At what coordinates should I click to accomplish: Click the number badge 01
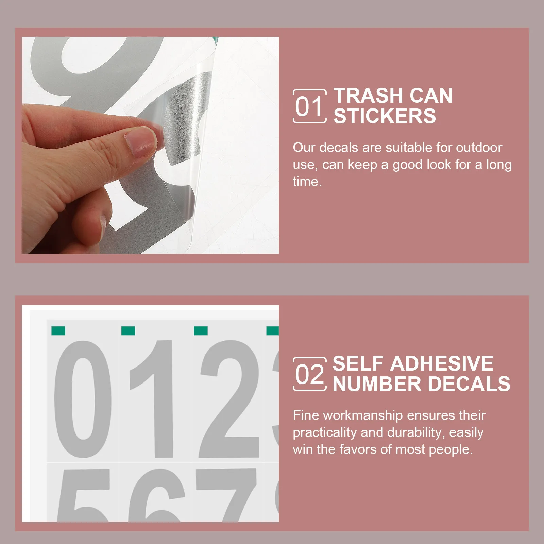click(309, 106)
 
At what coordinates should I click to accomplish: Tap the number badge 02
click(309, 374)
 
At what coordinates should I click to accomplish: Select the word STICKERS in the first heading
click(385, 116)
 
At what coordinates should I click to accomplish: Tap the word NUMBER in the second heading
click(377, 384)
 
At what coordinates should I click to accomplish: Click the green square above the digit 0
click(58, 331)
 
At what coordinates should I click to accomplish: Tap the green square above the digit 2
click(201, 331)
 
